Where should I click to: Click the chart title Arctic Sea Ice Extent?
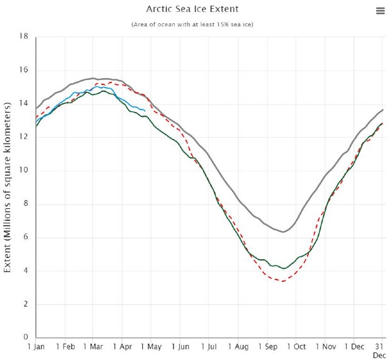click(192, 9)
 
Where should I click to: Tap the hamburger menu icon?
click(380, 11)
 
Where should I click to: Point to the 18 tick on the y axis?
click(24, 37)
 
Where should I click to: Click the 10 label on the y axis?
click(24, 171)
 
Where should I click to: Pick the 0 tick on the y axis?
click(26, 338)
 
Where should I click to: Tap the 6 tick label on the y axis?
click(26, 237)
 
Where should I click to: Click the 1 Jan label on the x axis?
click(36, 347)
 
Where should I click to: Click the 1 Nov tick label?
click(326, 347)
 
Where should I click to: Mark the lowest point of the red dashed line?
click(282, 281)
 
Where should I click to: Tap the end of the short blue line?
click(145, 111)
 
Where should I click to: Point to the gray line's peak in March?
click(93, 78)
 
